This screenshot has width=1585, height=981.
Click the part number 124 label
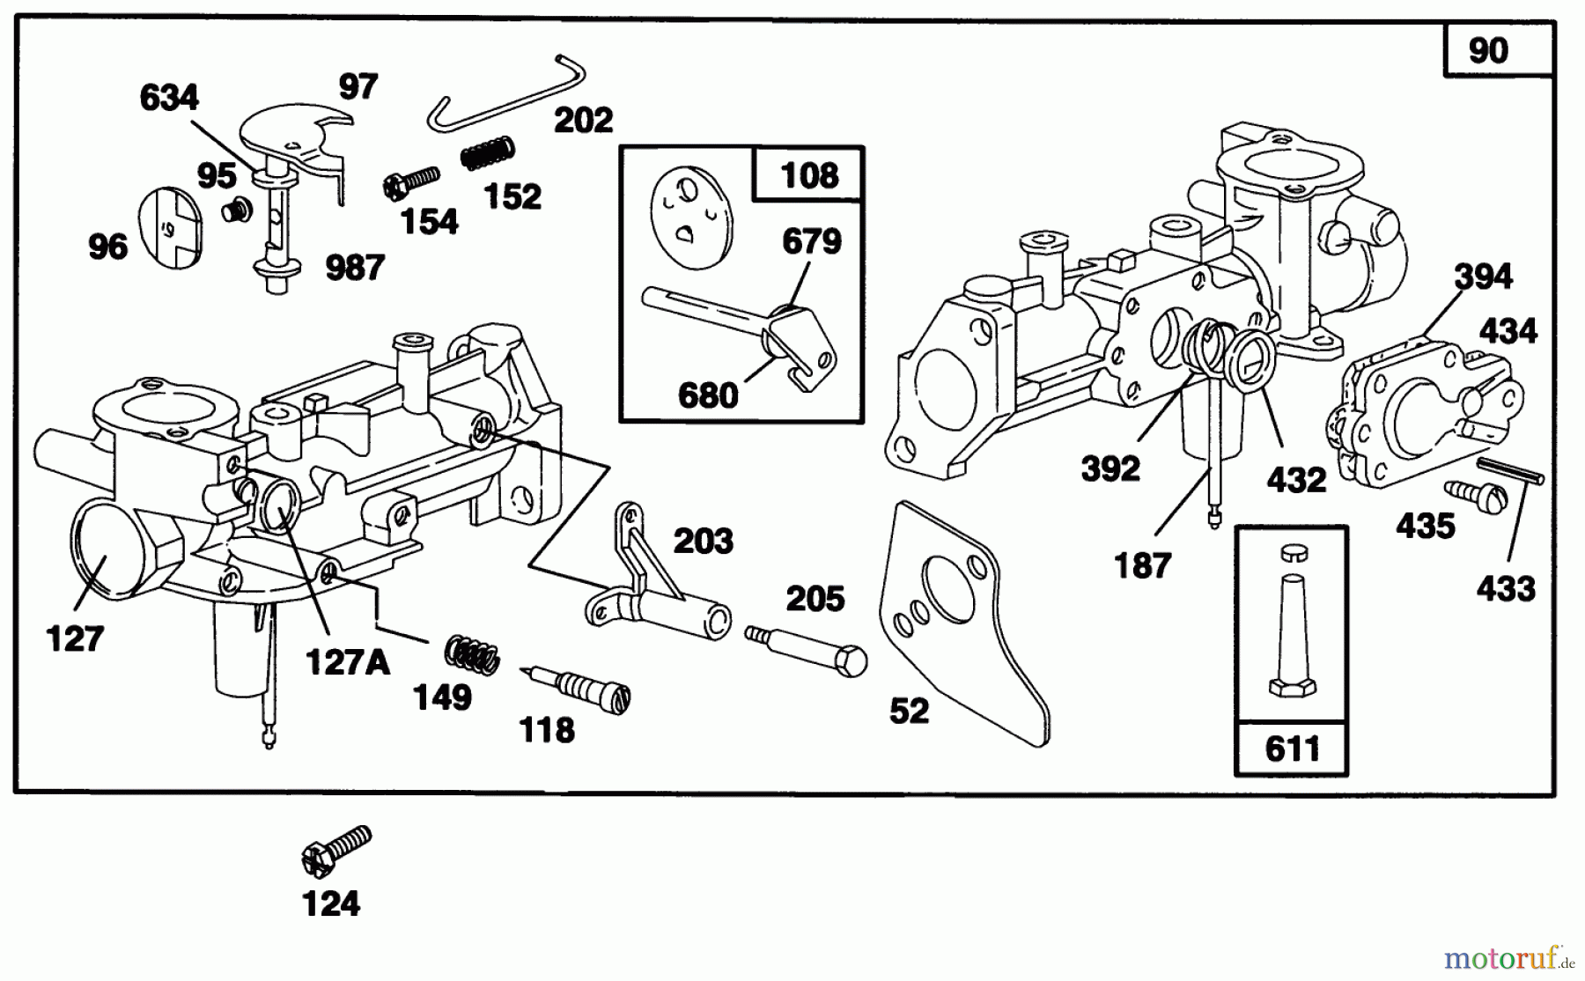(x=331, y=904)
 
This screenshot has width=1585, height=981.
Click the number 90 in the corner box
(x=1488, y=50)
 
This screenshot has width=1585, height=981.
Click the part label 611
(x=1292, y=749)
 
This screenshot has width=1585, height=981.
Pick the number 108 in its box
(x=809, y=175)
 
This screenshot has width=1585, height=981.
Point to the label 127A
(x=347, y=661)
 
